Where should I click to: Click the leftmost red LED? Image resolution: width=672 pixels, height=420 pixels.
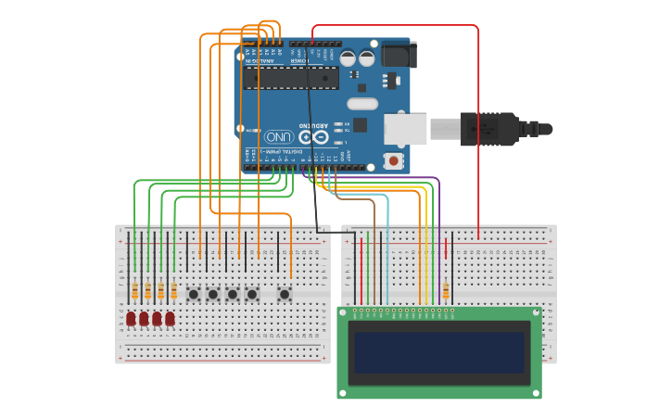131,319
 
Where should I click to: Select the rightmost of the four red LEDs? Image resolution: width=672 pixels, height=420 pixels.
170,319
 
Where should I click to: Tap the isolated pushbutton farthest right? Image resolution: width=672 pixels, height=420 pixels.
285,294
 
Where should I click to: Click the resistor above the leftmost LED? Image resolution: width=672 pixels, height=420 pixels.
134,291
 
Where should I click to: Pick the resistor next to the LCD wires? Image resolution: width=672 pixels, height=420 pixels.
446,291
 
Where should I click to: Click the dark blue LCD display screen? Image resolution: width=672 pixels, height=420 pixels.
438,352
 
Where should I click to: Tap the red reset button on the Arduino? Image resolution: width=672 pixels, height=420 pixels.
394,161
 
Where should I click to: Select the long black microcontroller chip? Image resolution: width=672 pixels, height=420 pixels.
289,78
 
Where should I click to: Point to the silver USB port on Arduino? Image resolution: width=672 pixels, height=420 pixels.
405,129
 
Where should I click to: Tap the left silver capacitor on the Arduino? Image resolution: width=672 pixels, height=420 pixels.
348,58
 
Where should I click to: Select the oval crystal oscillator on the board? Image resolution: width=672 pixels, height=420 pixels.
362,104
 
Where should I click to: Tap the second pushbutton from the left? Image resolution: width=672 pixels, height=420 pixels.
213,294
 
